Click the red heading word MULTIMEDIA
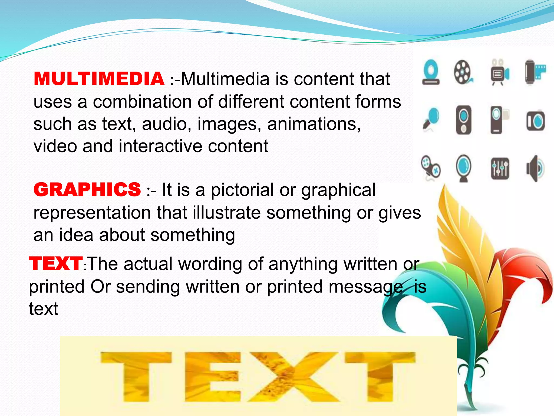(99, 79)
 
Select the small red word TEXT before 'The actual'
(56, 264)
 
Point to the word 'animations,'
(314, 124)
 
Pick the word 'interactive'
(160, 146)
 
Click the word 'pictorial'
(242, 190)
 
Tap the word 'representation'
(92, 213)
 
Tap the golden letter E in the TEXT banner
(213, 376)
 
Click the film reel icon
(463, 72)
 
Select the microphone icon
(431, 119)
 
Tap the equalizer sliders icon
(500, 168)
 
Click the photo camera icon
(535, 121)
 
